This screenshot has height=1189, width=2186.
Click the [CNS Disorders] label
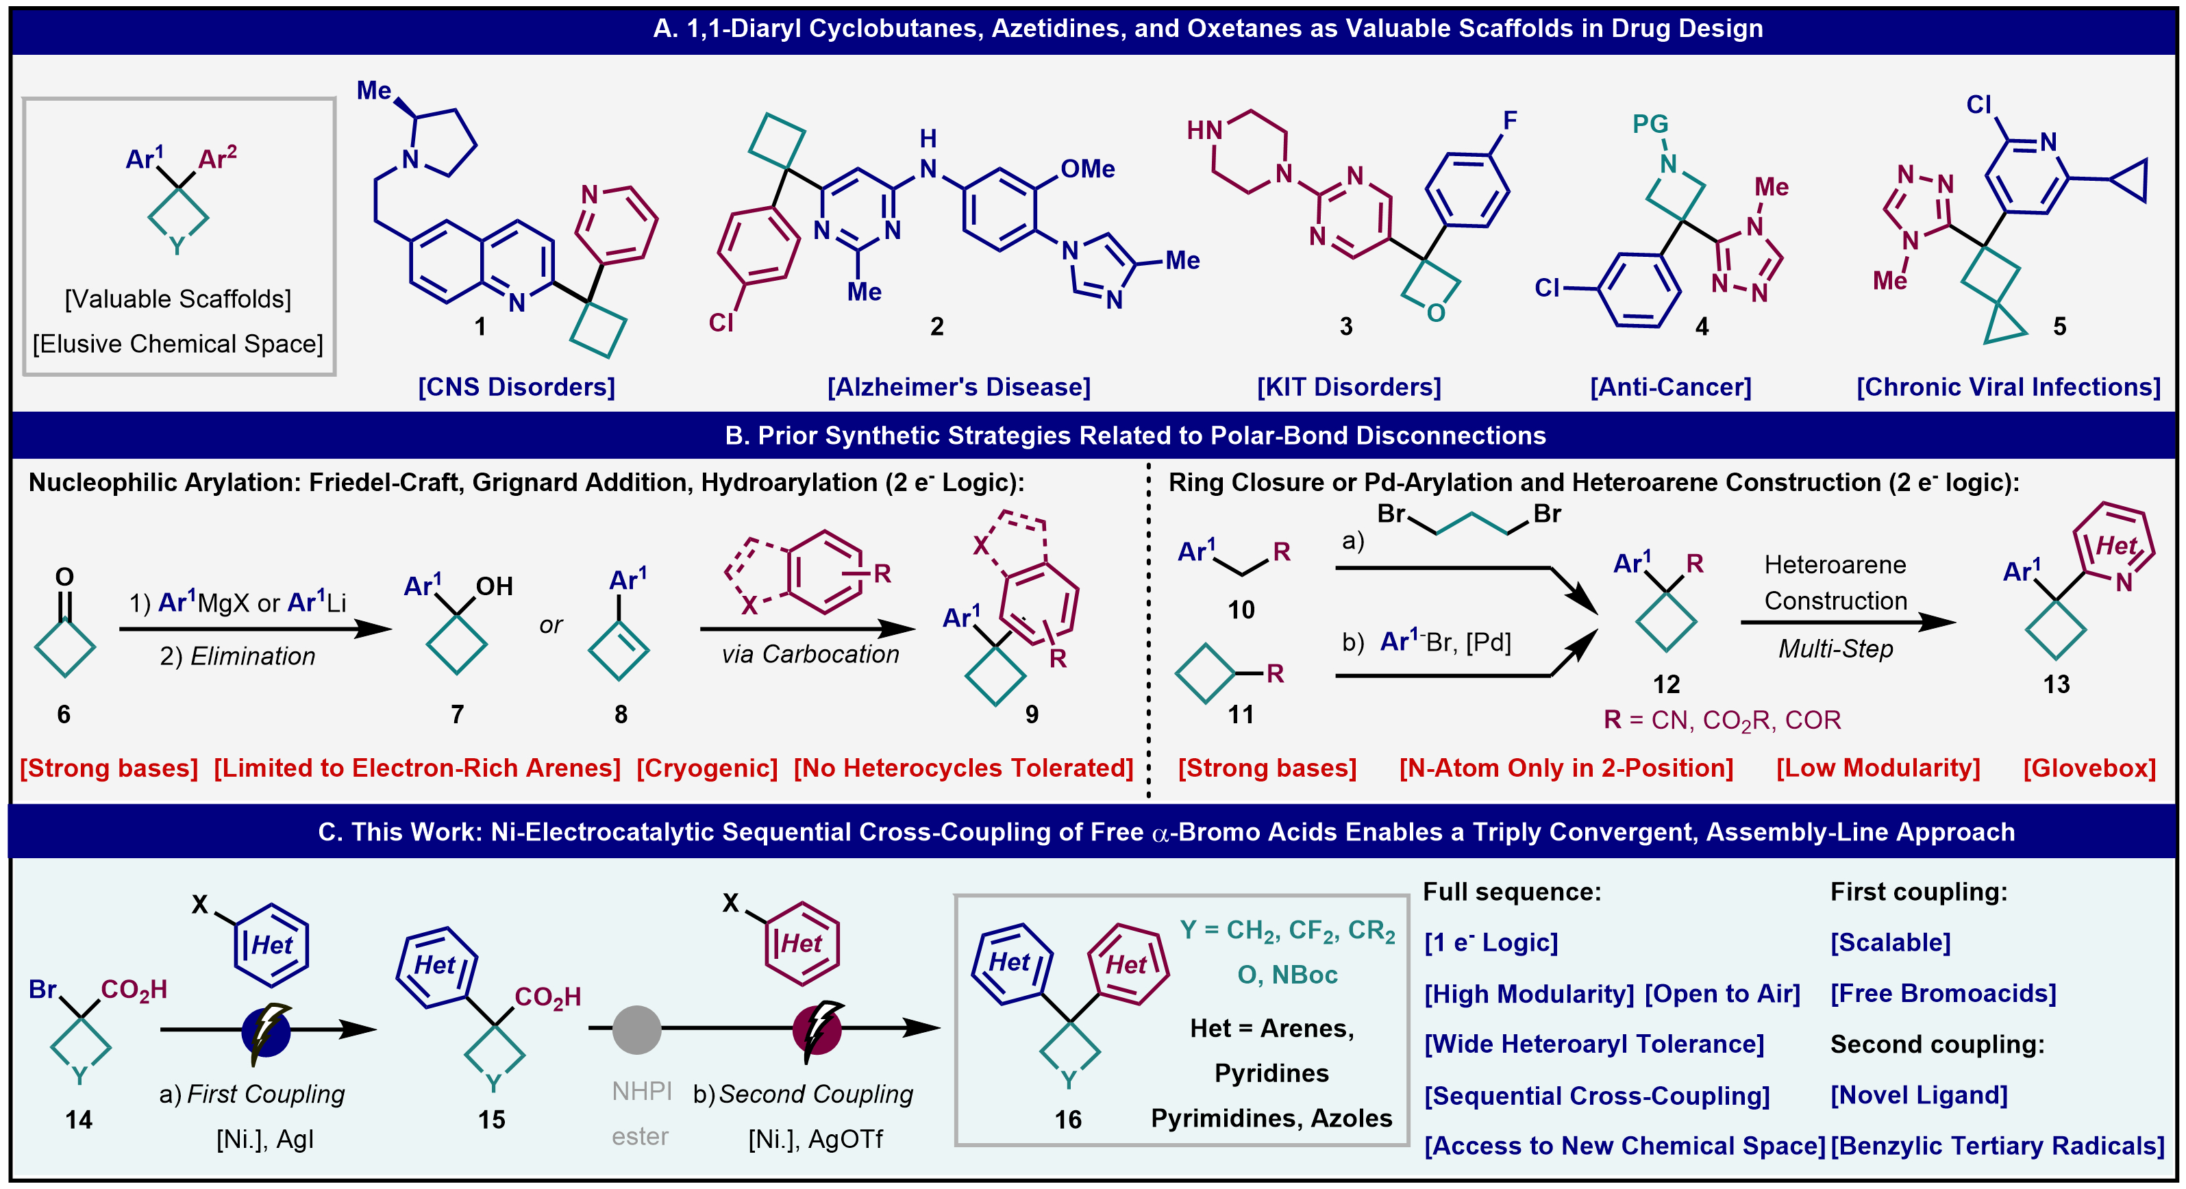coord(516,387)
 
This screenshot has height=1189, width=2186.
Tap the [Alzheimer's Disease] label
coord(959,387)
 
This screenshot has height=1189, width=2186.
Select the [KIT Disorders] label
coord(1348,387)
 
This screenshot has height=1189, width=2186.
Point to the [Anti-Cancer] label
coord(1670,387)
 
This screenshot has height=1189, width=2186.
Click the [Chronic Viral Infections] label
coord(2008,387)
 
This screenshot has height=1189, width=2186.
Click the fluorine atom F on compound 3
coord(1510,121)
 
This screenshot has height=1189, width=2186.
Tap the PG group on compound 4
coord(1650,124)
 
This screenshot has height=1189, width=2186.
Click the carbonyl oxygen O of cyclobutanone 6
coord(64,577)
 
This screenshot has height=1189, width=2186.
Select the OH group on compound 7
coord(494,586)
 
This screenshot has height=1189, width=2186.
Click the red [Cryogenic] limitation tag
coord(707,768)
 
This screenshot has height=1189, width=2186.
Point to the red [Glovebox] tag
coord(2089,768)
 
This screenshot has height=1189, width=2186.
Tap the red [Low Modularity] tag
coord(1878,768)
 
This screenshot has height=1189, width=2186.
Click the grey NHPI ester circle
coord(636,1029)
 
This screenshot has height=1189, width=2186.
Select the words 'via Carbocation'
coord(810,654)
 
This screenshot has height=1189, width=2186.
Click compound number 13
coord(2055,685)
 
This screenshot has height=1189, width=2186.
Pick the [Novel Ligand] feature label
coord(1919,1094)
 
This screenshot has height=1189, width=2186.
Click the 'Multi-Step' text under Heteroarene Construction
coord(1835,649)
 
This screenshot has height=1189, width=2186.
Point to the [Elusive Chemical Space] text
coord(178,344)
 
